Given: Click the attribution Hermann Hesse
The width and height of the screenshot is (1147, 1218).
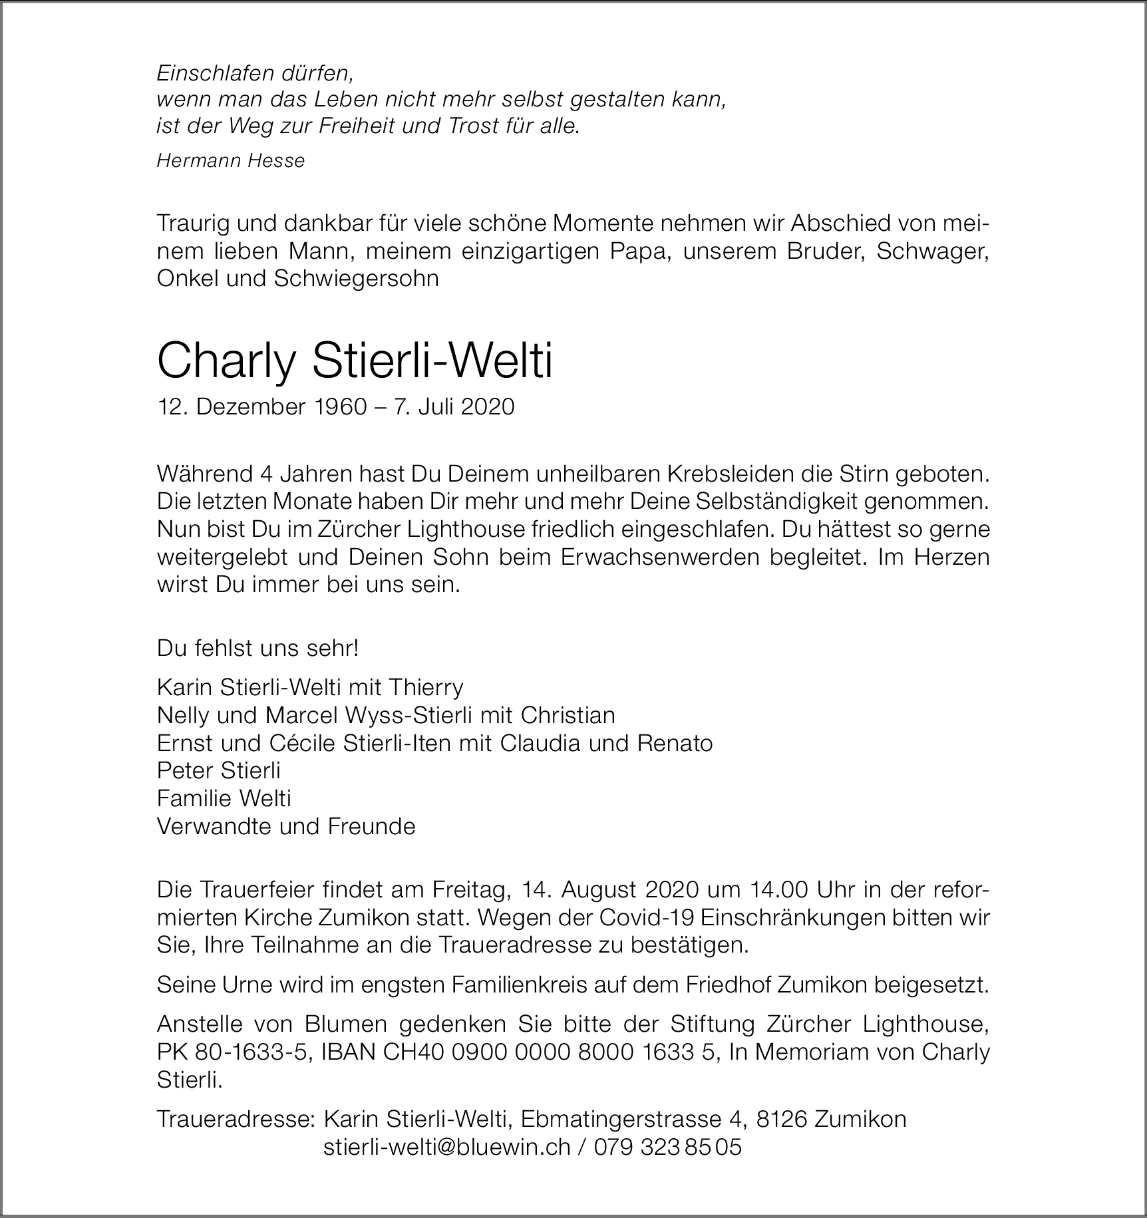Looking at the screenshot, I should pos(230,161).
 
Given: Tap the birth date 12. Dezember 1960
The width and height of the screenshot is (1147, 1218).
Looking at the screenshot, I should pos(261,407).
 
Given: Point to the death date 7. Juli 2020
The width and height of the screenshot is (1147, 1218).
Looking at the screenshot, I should pos(454,407).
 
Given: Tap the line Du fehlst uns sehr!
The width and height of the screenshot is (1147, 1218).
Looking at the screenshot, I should pos(257,648).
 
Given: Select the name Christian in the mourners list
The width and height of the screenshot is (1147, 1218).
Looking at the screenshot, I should pos(568,715).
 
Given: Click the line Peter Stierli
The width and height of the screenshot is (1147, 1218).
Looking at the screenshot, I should pos(218,770).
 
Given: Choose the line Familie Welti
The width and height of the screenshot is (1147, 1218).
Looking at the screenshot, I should pos(224,798).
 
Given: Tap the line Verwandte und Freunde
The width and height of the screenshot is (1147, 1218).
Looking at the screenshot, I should pos(286,826).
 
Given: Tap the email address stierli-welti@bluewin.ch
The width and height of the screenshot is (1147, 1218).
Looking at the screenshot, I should pos(446,1147).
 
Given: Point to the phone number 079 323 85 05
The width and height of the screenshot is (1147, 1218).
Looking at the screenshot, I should pos(667,1147).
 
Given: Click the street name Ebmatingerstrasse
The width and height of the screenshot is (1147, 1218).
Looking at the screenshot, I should pos(621,1119).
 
